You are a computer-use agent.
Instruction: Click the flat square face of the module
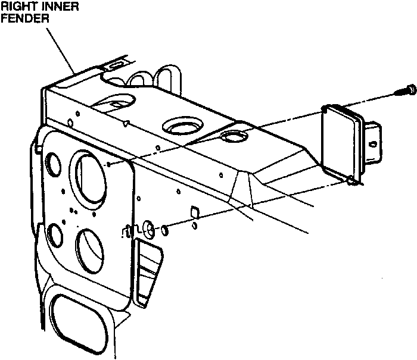[x=340, y=142]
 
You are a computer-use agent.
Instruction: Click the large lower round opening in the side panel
[x=89, y=248]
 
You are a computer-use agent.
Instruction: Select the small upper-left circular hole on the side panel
[x=51, y=164]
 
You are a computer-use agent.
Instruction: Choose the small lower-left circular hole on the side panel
[x=54, y=235]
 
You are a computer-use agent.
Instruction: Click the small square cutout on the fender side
[x=193, y=212]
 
